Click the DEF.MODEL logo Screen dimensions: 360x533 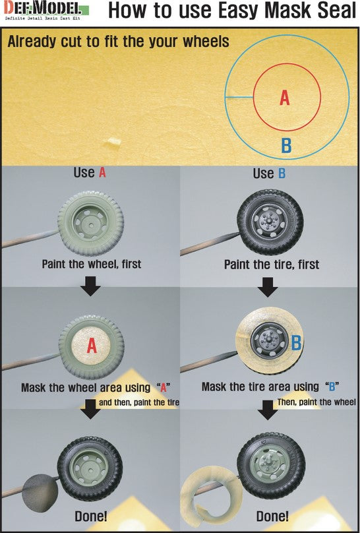pyautogui.click(x=46, y=10)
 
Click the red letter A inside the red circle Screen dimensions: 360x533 pyautogui.click(x=285, y=98)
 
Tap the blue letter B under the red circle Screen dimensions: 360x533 pyautogui.click(x=286, y=146)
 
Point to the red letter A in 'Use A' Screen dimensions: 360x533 pyautogui.click(x=102, y=173)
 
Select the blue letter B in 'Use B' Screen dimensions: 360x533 pyautogui.click(x=282, y=173)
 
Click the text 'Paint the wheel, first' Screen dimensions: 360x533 pyautogui.click(x=92, y=264)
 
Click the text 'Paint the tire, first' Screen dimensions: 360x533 pyautogui.click(x=272, y=265)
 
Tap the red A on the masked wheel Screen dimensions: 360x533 pyautogui.click(x=92, y=346)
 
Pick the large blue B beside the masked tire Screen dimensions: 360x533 pyautogui.click(x=296, y=342)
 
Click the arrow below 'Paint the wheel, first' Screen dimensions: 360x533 pyautogui.click(x=90, y=286)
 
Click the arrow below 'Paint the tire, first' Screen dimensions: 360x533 pyautogui.click(x=268, y=286)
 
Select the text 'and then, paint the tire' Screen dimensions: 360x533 pyautogui.click(x=139, y=403)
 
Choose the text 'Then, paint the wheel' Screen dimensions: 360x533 pyautogui.click(x=316, y=402)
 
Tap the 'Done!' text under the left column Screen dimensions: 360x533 pyautogui.click(x=91, y=517)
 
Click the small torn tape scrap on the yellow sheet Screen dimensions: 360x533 pyautogui.click(x=113, y=142)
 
